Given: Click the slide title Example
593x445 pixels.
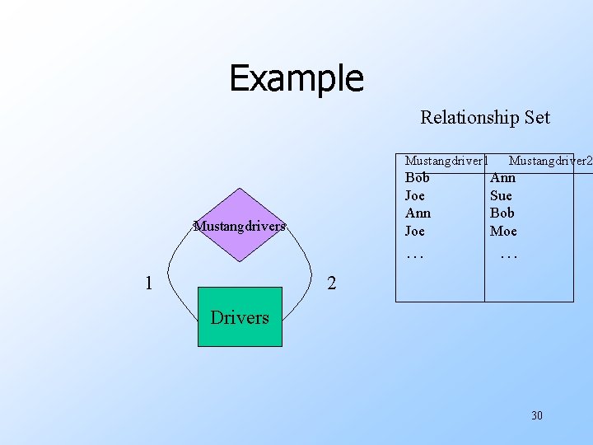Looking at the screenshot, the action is point(296,78).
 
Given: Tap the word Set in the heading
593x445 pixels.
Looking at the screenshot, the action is point(536,117).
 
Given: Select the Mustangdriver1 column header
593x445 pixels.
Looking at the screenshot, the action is point(446,160).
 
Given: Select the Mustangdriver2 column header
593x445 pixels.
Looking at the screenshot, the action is point(550,160).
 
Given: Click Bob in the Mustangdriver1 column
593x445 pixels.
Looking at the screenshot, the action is point(418,177).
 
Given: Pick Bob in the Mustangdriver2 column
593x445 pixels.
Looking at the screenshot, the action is point(502,213).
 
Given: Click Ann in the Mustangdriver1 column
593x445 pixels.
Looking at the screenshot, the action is point(418,213).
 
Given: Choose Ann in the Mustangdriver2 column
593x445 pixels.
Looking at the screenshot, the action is point(502,177).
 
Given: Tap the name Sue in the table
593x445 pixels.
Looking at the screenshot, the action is point(501,195).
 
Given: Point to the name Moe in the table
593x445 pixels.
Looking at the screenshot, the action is point(503,231).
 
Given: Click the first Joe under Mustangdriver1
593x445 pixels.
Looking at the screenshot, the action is point(415,195).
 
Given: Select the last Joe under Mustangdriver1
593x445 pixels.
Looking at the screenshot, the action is point(415,231).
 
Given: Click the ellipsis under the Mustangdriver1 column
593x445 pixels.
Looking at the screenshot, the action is point(415,255).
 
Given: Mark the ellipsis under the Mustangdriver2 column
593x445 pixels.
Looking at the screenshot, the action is point(509,255).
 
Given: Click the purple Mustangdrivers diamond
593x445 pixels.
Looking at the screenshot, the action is point(239,225).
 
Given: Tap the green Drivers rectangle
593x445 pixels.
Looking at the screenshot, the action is point(240,317).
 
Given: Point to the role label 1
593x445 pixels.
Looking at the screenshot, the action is point(148,283).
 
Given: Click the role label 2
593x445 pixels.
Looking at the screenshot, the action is point(331,284).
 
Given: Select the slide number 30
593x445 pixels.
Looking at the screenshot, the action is point(537,415).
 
